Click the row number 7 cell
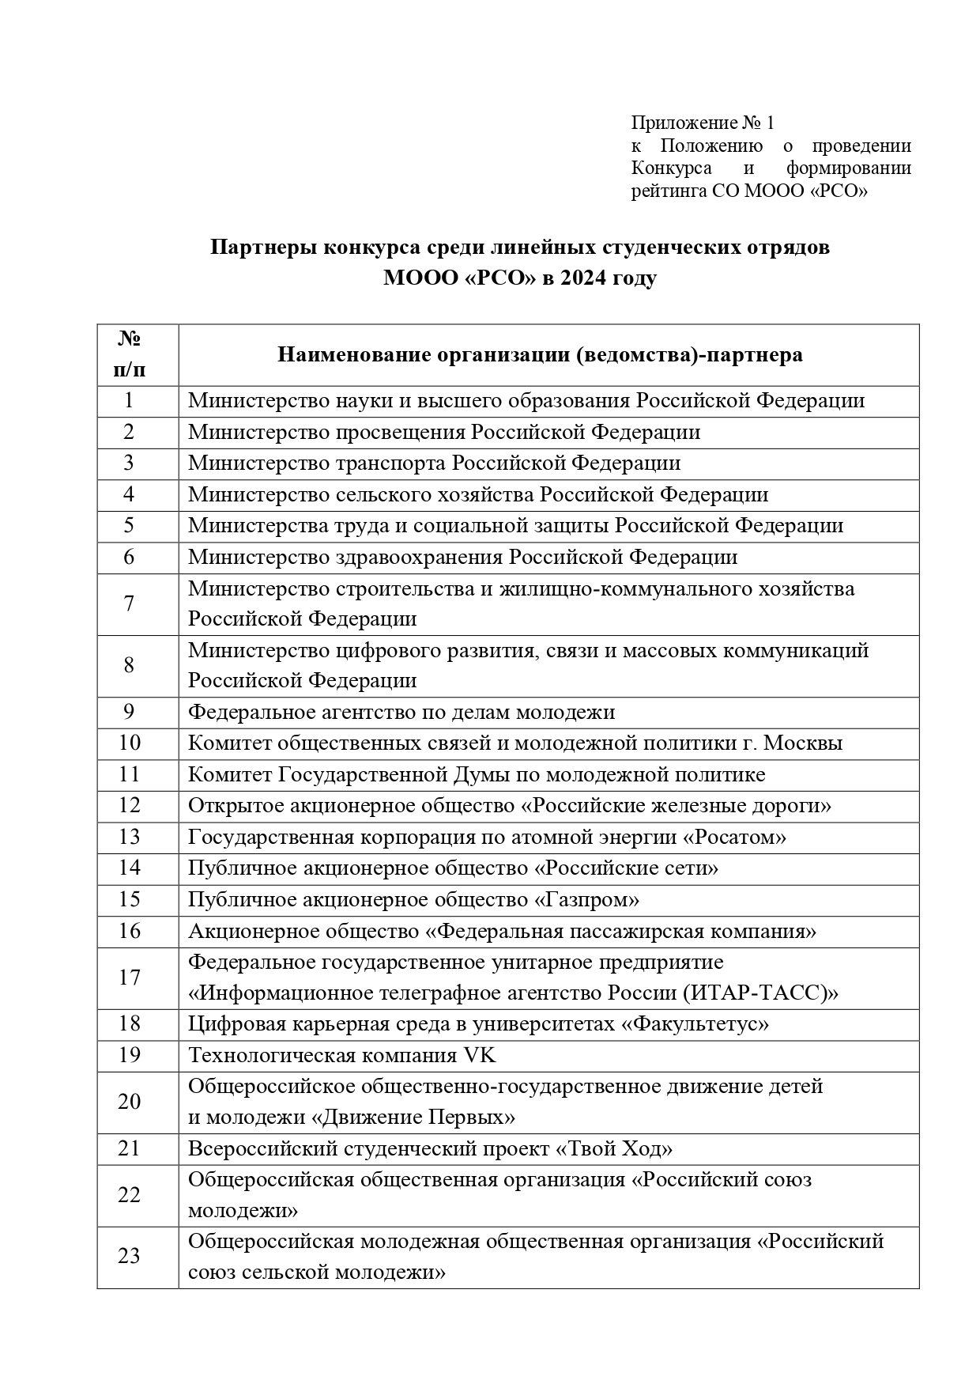point(129,604)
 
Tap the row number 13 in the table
point(129,837)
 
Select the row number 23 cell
point(129,1256)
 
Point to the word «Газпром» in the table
point(587,899)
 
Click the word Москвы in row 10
point(801,743)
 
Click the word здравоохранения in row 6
point(416,557)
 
